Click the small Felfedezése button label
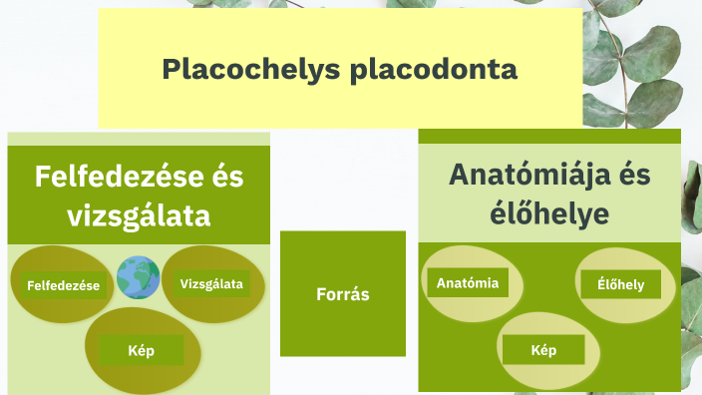[64, 286]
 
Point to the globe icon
[138, 277]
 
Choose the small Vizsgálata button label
[211, 284]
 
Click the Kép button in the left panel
[141, 351]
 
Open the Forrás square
[342, 294]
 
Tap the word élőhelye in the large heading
[548, 213]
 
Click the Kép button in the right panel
[543, 350]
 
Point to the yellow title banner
[339, 40]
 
